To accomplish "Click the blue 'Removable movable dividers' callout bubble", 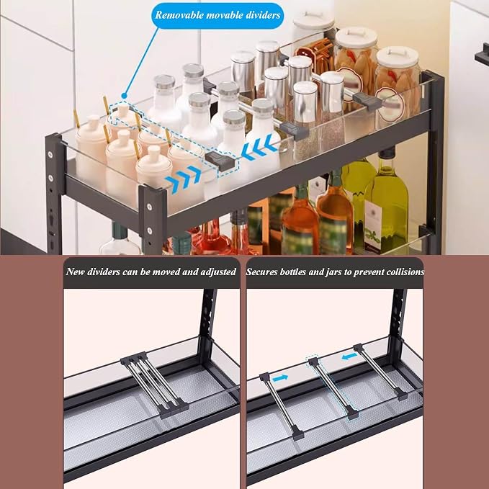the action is (x=217, y=15).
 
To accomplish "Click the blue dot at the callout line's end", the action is (x=124, y=96).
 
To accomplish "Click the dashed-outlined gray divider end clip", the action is (x=222, y=161).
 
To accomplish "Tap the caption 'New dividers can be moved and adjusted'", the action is (x=151, y=272).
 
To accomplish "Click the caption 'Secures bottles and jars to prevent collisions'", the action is (x=335, y=272).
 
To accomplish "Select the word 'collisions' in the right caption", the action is (x=405, y=272).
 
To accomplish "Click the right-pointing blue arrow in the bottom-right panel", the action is (x=280, y=378).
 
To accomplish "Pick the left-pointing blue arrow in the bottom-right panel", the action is (x=349, y=356).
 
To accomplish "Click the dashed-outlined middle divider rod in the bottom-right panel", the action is (x=333, y=387).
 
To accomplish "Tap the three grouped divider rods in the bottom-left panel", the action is (x=154, y=385).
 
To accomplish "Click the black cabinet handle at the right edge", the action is (x=482, y=55).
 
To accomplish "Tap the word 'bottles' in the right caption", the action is (x=292, y=272).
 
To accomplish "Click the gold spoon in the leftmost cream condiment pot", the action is (x=76, y=118).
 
